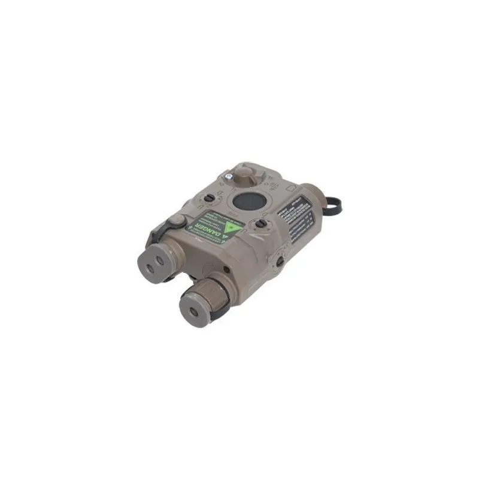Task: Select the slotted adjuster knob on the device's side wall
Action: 279,260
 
